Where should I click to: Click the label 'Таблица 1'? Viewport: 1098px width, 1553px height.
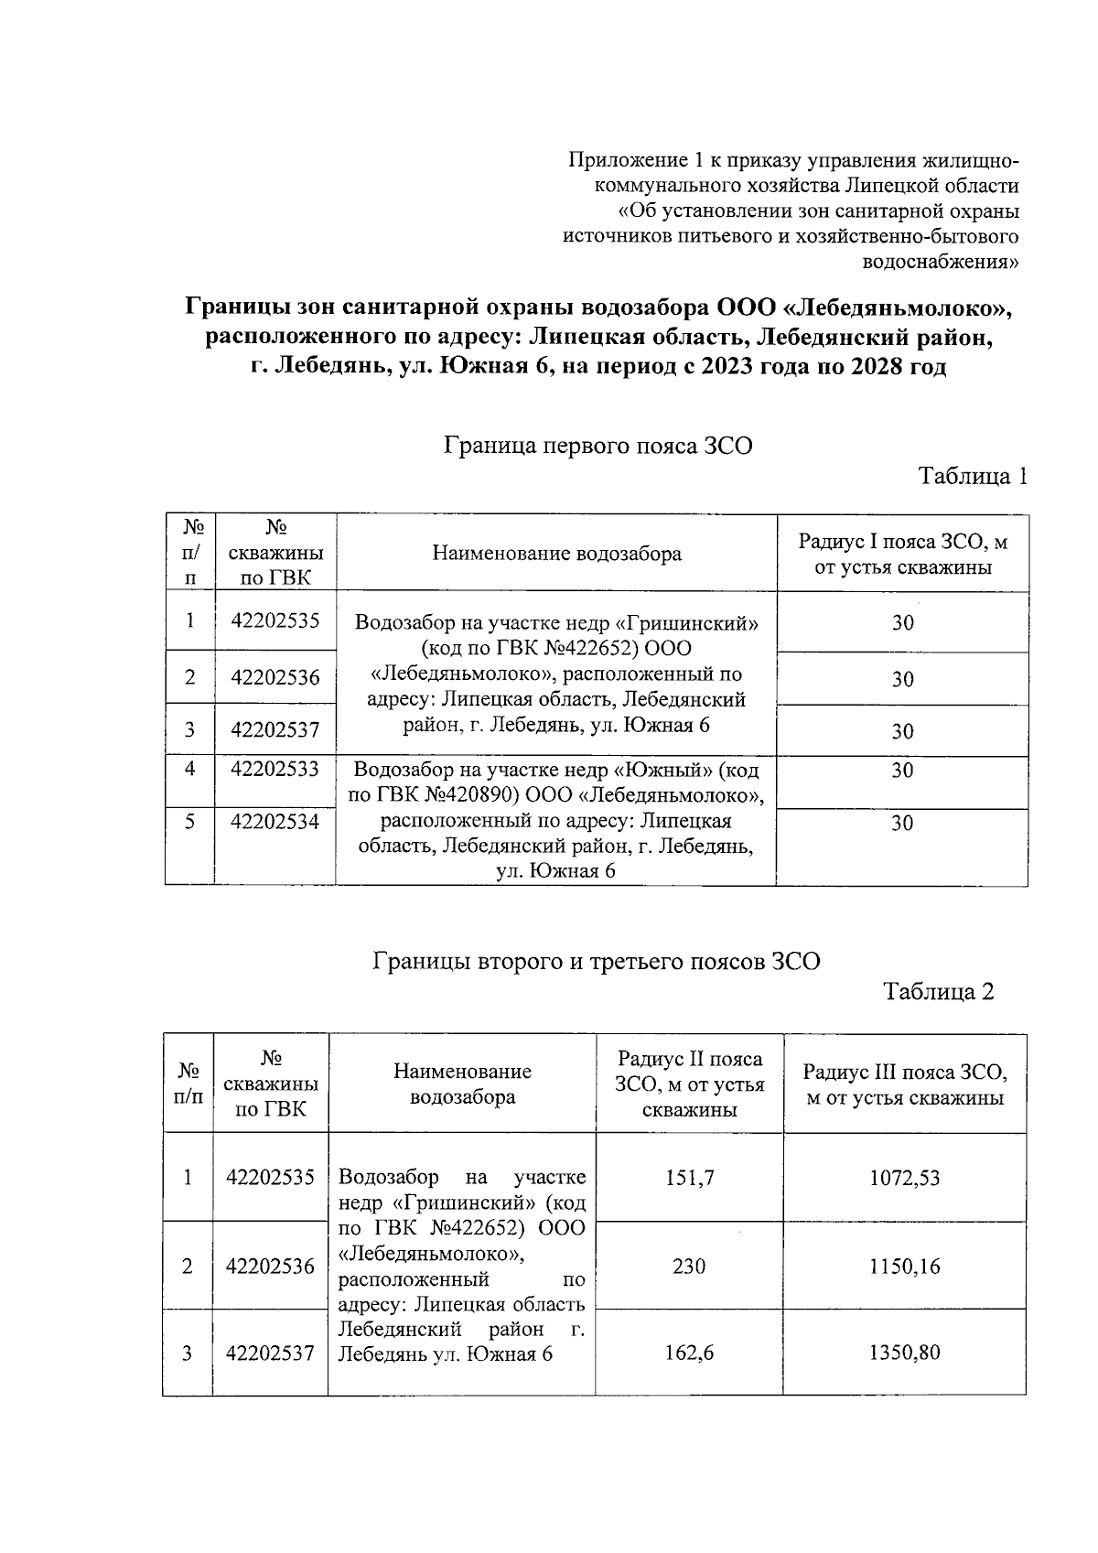pyautogui.click(x=973, y=476)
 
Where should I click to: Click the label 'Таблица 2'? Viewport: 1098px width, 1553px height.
pyautogui.click(x=938, y=992)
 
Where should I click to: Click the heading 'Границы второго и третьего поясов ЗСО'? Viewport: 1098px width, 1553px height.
pyautogui.click(x=597, y=962)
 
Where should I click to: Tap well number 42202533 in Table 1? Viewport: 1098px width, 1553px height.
pyautogui.click(x=274, y=770)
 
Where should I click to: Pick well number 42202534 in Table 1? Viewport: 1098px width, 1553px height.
pyautogui.click(x=274, y=822)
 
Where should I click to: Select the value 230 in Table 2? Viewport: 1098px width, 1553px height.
pyautogui.click(x=689, y=1267)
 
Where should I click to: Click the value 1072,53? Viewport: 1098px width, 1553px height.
pyautogui.click(x=904, y=1178)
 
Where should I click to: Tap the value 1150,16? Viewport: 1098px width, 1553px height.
pyautogui.click(x=904, y=1267)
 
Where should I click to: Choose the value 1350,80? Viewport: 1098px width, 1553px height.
pyautogui.click(x=904, y=1353)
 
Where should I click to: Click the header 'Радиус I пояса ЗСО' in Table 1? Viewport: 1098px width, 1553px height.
pyautogui.click(x=902, y=543)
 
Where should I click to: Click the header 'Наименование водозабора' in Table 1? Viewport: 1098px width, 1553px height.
pyautogui.click(x=556, y=554)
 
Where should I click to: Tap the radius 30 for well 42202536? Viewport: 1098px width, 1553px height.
pyautogui.click(x=902, y=679)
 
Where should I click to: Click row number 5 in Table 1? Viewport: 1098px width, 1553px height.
pyautogui.click(x=189, y=822)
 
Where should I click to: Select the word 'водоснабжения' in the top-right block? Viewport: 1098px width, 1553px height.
pyautogui.click(x=942, y=263)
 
